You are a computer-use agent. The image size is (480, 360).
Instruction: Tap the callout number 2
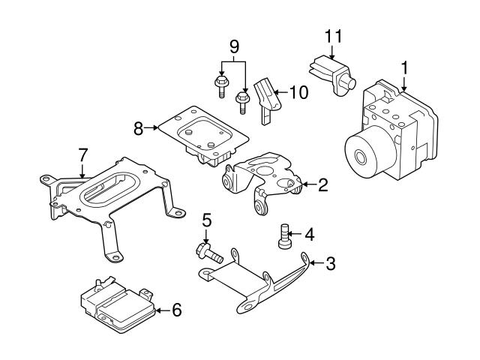[322, 184]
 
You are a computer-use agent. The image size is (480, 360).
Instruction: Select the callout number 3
[330, 263]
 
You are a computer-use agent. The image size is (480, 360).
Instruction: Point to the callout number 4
[309, 234]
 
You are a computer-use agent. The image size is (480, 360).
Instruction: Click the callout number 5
[207, 221]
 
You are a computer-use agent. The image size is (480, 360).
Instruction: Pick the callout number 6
[176, 309]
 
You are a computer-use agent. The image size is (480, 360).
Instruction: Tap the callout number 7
[83, 155]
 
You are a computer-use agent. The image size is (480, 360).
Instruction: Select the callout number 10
[298, 93]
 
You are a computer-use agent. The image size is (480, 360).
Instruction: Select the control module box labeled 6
[116, 304]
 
